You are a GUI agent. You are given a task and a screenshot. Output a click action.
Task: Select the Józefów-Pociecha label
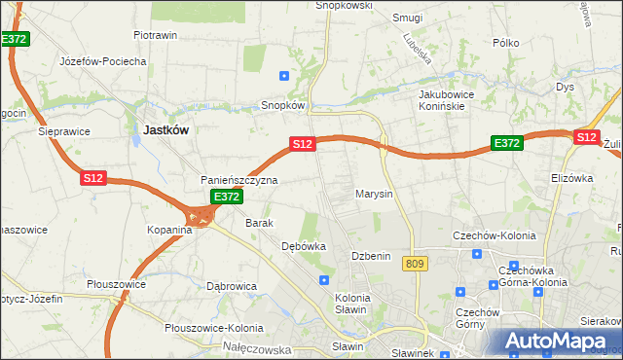102,60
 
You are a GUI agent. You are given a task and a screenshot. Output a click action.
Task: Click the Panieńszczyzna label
239,180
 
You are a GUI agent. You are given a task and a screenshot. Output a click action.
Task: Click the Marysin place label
374,194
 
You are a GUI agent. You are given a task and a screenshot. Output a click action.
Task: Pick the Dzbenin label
371,256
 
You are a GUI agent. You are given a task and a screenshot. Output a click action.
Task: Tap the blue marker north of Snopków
284,75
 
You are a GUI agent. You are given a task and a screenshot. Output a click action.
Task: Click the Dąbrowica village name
231,286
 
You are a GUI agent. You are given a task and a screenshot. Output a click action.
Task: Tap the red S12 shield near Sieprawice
92,178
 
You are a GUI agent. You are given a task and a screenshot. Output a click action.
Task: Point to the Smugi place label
407,18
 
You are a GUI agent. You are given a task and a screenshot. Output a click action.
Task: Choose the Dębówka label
303,246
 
